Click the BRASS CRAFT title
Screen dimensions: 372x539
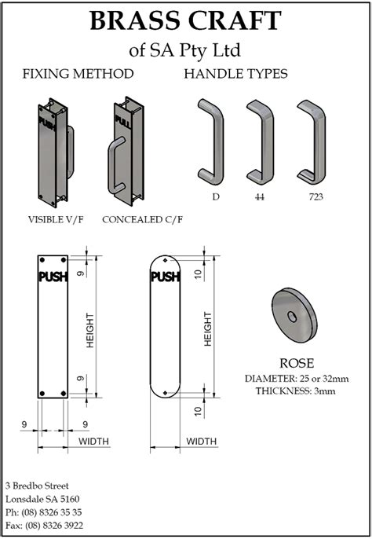coord(185,20)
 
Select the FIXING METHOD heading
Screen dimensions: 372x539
coord(78,74)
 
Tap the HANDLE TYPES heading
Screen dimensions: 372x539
coord(235,74)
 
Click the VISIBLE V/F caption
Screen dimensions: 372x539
coord(56,219)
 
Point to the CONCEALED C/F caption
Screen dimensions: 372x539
coord(143,219)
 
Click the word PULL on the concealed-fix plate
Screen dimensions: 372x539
coord(122,122)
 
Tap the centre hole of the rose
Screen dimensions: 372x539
coord(292,317)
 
